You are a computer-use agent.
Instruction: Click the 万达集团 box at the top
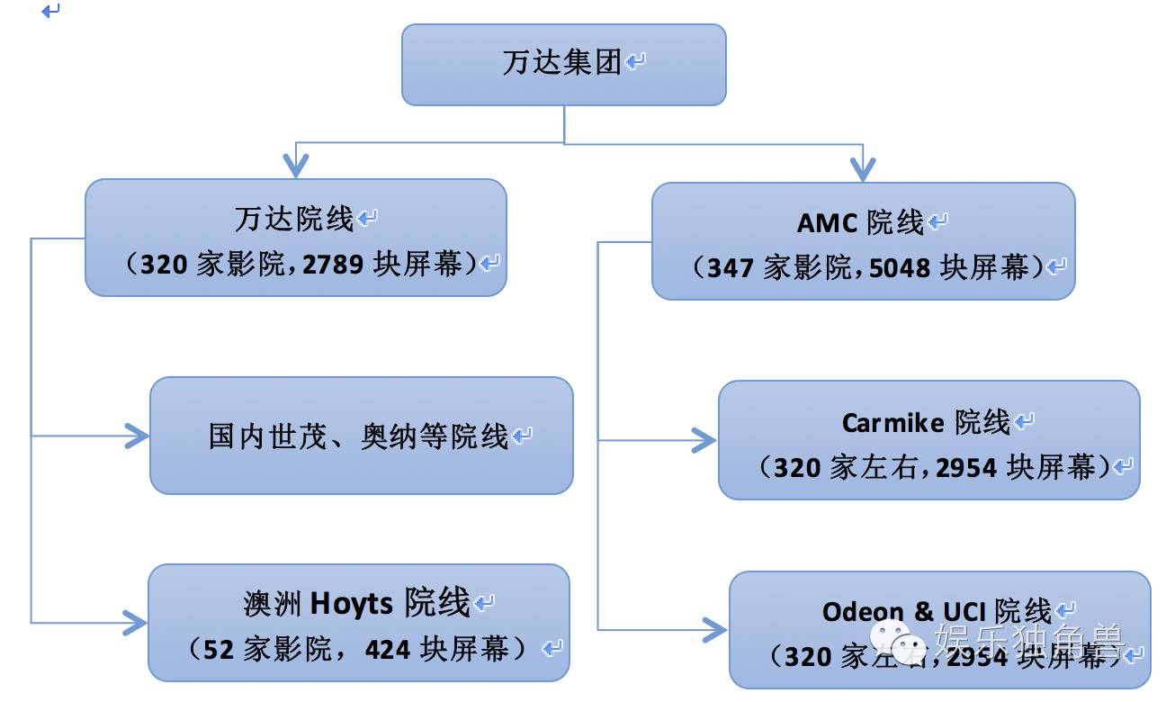click(x=563, y=64)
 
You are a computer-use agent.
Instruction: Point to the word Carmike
click(x=892, y=422)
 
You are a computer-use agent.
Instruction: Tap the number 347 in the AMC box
click(x=730, y=267)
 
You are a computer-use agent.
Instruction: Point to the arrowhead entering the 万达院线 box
click(x=295, y=166)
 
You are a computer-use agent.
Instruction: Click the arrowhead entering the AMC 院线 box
click(x=863, y=167)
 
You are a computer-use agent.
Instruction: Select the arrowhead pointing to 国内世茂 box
click(x=136, y=436)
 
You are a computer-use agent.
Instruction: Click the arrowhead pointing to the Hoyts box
click(x=135, y=622)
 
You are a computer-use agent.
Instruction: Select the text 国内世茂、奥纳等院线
click(x=359, y=436)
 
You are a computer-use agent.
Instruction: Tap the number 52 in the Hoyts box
click(x=220, y=649)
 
